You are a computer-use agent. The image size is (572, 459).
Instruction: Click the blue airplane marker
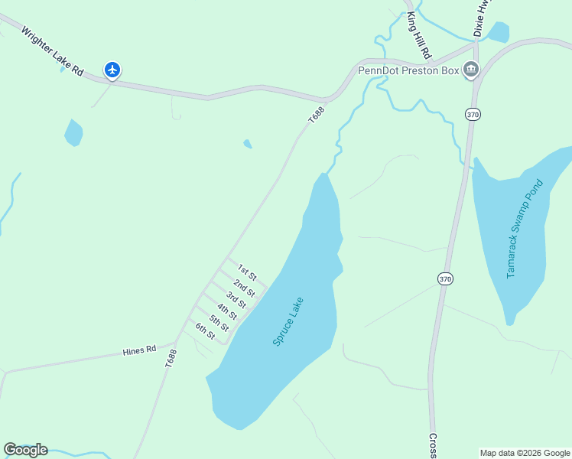tap(112, 70)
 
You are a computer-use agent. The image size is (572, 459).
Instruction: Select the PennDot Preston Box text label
tap(408, 71)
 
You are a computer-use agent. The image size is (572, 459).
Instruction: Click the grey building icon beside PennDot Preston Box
tap(470, 71)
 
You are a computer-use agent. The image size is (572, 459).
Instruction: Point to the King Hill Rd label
tap(419, 35)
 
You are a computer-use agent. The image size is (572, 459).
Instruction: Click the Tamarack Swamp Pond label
tap(524, 228)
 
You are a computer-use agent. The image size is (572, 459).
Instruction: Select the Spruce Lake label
tap(288, 321)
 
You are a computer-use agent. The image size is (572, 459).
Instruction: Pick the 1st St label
tap(246, 272)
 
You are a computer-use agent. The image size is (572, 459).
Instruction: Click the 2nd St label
tap(244, 288)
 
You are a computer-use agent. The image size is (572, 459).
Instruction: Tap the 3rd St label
tap(236, 300)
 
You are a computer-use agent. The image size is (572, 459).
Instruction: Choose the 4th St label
tap(227, 311)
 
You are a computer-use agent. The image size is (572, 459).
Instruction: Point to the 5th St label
tap(219, 323)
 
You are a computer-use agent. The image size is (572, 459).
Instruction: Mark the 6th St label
tap(205, 331)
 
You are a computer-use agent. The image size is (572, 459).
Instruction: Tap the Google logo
tap(25, 450)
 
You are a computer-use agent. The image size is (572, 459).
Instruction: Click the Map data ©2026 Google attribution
tap(525, 453)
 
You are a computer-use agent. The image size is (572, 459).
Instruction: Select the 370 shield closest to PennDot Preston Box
tap(472, 114)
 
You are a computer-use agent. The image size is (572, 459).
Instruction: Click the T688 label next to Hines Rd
tap(171, 360)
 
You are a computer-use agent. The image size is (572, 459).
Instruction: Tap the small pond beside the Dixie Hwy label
tap(498, 31)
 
